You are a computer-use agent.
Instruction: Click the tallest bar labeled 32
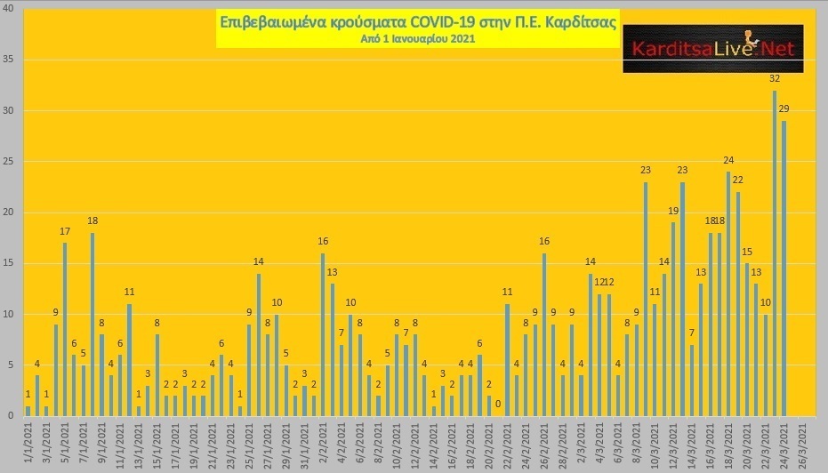click(775, 253)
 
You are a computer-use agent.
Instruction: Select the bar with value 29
click(784, 269)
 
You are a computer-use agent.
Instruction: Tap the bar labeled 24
click(728, 293)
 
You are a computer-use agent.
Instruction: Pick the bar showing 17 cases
click(65, 329)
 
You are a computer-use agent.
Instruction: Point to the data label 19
click(673, 212)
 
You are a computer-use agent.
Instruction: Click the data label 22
click(737, 180)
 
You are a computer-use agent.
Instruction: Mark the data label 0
click(498, 405)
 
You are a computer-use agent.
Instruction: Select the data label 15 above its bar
click(747, 252)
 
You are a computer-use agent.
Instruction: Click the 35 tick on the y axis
click(8, 60)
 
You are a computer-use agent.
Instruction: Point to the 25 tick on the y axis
click(8, 162)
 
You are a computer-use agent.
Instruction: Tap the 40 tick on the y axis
click(8, 9)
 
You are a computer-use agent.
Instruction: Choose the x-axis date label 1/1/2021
click(28, 442)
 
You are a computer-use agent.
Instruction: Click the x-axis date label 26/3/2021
click(802, 442)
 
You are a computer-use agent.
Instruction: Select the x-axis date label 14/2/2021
click(434, 442)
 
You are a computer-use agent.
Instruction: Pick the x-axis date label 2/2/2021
click(323, 442)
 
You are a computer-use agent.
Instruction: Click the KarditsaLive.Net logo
click(713, 49)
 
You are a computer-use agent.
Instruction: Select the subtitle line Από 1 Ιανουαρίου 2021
click(418, 38)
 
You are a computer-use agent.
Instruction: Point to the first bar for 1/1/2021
click(28, 412)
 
